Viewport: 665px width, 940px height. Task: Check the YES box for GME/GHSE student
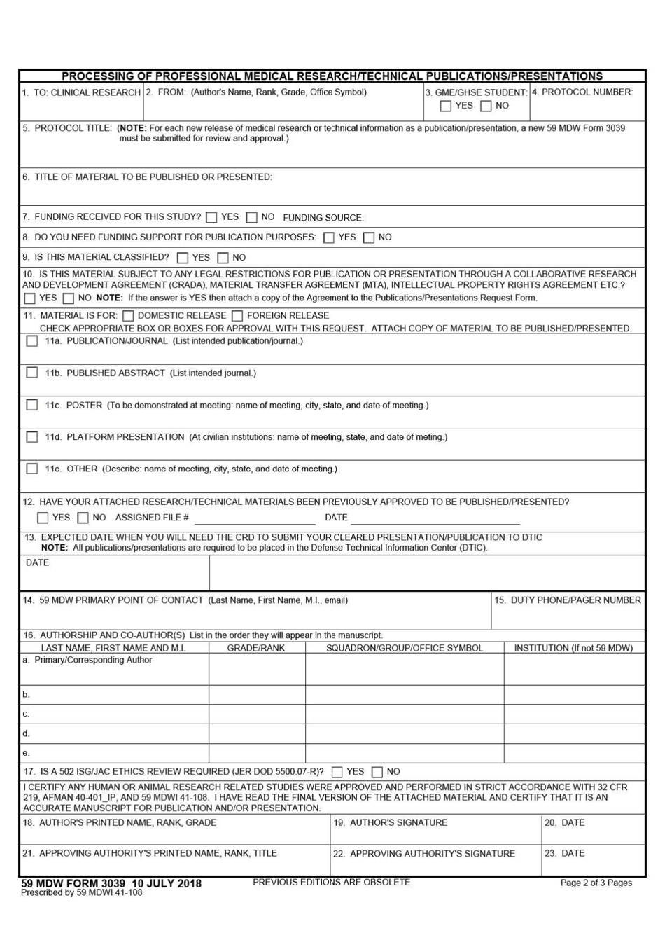click(445, 106)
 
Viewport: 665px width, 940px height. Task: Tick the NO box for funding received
click(251, 218)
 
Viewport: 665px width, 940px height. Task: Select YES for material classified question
click(183, 258)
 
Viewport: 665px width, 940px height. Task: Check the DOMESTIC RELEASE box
click(128, 316)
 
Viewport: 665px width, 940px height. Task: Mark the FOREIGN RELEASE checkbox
click(237, 316)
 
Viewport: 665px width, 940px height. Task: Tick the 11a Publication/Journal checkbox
click(31, 341)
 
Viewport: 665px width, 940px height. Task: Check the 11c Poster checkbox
click(31, 405)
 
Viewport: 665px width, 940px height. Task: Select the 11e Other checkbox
click(31, 469)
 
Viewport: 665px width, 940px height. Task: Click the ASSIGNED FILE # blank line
click(255, 519)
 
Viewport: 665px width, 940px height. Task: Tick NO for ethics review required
click(377, 772)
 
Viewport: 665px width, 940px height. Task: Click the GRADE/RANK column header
click(256, 648)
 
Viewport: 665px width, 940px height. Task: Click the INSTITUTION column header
click(573, 648)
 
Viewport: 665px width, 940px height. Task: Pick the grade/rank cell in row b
click(256, 695)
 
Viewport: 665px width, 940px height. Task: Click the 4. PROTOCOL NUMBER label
click(582, 92)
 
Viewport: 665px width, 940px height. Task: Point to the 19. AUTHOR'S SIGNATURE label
click(391, 822)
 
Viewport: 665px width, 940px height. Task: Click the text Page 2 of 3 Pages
click(596, 883)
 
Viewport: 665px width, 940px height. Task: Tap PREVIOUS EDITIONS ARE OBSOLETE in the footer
click(331, 882)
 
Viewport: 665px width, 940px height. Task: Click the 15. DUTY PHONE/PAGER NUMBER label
click(567, 600)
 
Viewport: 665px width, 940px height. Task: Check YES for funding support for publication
click(329, 238)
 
